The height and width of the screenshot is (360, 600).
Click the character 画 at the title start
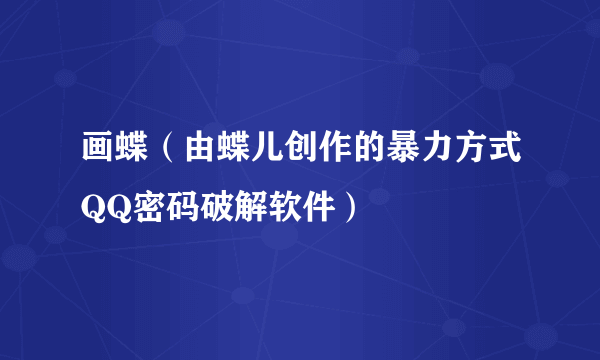99,152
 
